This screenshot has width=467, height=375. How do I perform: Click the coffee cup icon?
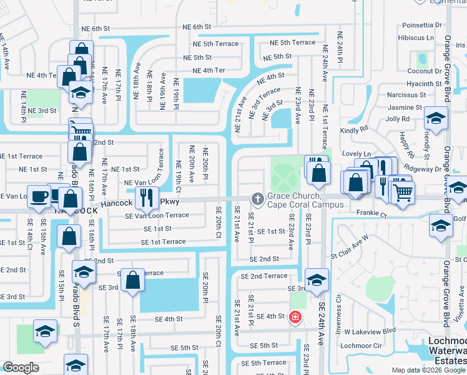[x=38, y=196]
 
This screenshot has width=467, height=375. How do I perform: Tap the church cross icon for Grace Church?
[x=257, y=199]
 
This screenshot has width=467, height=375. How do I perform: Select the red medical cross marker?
[x=295, y=317]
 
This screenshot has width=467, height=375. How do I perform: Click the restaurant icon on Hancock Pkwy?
[x=146, y=197]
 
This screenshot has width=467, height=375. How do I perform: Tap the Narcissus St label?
[x=406, y=95]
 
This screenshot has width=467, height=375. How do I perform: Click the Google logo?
[x=21, y=367]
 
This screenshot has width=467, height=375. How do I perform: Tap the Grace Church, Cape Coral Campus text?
[x=305, y=200]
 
